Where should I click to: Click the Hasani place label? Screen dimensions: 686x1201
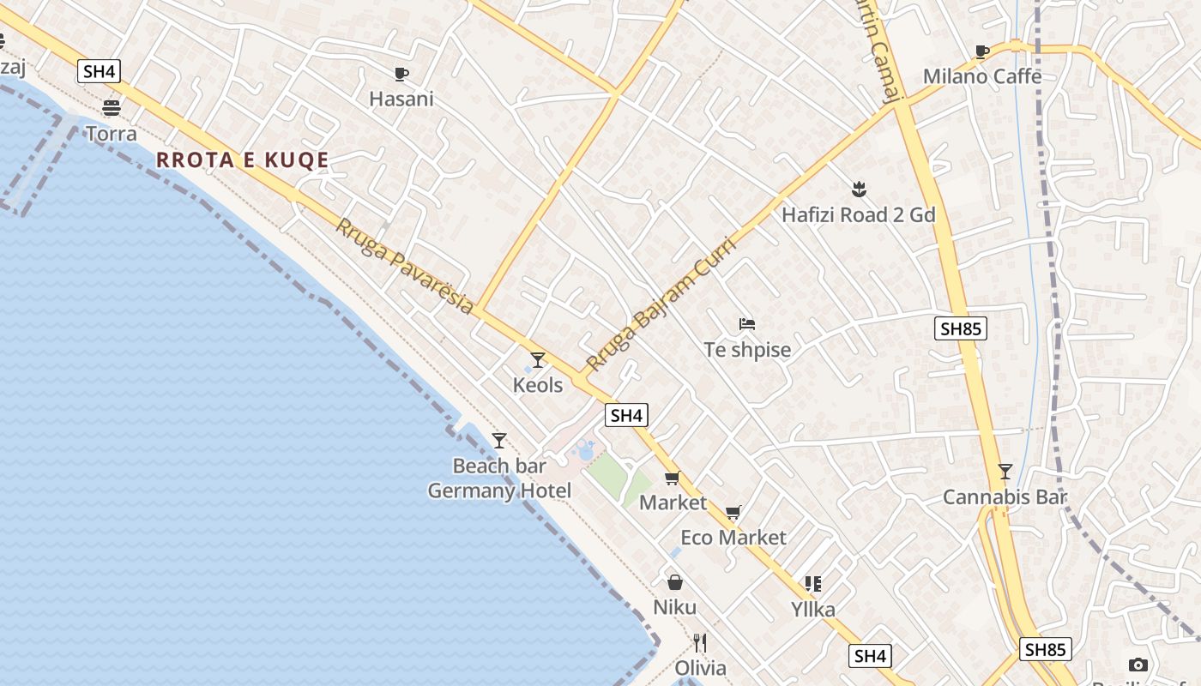click(401, 99)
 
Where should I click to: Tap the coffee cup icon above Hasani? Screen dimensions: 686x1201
click(401, 74)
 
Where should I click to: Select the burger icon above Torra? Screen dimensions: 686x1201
click(111, 108)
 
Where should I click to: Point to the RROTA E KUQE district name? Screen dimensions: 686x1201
click(243, 160)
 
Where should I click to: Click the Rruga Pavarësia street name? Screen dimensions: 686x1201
click(403, 266)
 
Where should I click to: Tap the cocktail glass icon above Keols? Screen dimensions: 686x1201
click(538, 360)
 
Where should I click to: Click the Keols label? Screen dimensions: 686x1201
click(538, 385)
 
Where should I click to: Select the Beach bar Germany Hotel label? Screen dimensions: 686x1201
click(499, 478)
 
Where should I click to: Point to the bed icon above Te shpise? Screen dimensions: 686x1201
click(747, 324)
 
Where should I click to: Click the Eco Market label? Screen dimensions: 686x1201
click(733, 538)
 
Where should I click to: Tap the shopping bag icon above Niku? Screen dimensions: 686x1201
click(675, 582)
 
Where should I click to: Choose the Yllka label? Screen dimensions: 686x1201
click(812, 610)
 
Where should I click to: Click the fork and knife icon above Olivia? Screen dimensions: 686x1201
click(700, 643)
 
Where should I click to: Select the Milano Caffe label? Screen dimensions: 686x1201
click(982, 76)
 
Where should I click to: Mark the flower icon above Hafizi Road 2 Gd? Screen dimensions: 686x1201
click(858, 189)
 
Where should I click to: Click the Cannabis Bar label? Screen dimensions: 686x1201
click(1005, 496)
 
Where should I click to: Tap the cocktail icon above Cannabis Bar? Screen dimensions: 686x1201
click(1005, 472)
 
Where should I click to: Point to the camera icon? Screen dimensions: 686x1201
click(1138, 665)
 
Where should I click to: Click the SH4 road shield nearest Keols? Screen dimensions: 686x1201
click(626, 416)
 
